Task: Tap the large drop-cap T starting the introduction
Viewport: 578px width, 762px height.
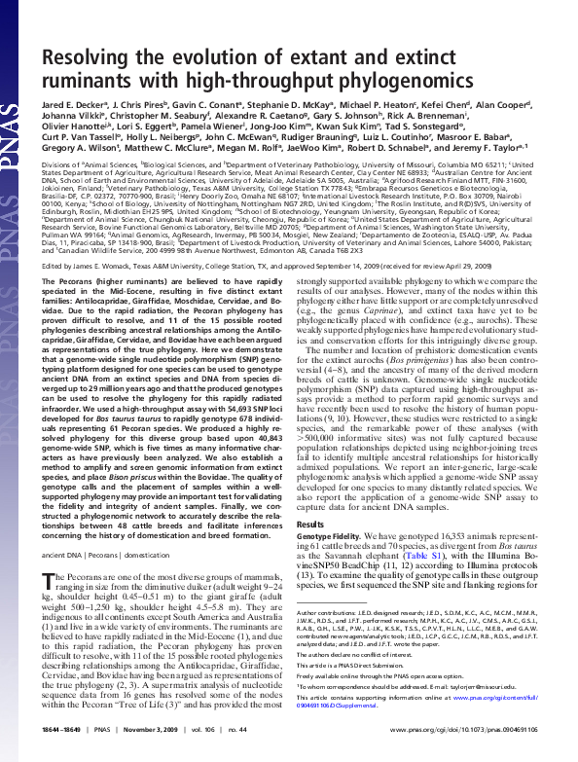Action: [x=52, y=581]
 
